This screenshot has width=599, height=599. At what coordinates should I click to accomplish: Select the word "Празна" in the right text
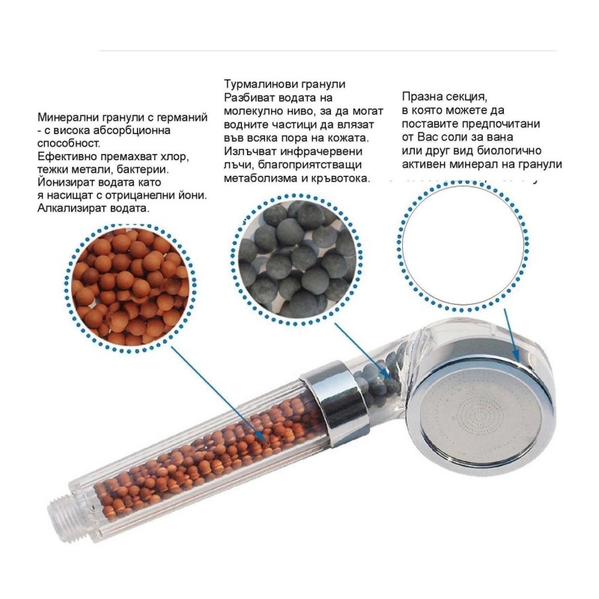[x=421, y=97]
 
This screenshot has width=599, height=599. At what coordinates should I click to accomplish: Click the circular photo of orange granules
[x=130, y=288]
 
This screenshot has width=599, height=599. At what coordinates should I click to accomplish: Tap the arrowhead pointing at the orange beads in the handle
[x=261, y=437]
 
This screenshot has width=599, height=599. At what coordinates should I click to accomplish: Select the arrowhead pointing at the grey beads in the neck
[x=385, y=372]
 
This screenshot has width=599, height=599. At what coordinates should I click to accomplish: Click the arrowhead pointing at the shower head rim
[x=515, y=354]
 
